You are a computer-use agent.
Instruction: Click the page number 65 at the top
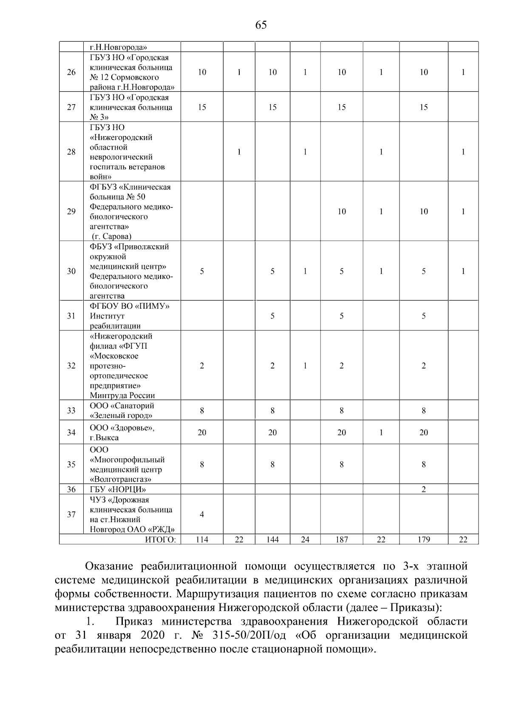tap(261, 25)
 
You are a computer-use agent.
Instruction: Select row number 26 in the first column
tap(71, 72)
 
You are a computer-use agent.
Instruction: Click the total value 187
tap(342, 540)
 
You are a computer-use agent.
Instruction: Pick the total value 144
tap(272, 540)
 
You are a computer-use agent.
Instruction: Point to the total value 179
tap(424, 540)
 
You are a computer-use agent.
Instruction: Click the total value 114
tap(202, 540)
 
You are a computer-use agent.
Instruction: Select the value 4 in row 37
tap(202, 514)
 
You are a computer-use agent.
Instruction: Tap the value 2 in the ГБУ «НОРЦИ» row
tap(424, 489)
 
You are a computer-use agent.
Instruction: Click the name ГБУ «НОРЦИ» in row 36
tap(118, 489)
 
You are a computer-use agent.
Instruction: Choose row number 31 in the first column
tap(71, 316)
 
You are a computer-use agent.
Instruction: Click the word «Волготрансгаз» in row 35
tap(121, 480)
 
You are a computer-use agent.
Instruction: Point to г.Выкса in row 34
tap(104, 438)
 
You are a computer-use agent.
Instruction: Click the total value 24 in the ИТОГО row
tap(305, 540)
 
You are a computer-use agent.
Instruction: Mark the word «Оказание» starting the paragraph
tap(110, 566)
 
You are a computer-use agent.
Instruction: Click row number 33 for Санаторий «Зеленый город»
tap(71, 411)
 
